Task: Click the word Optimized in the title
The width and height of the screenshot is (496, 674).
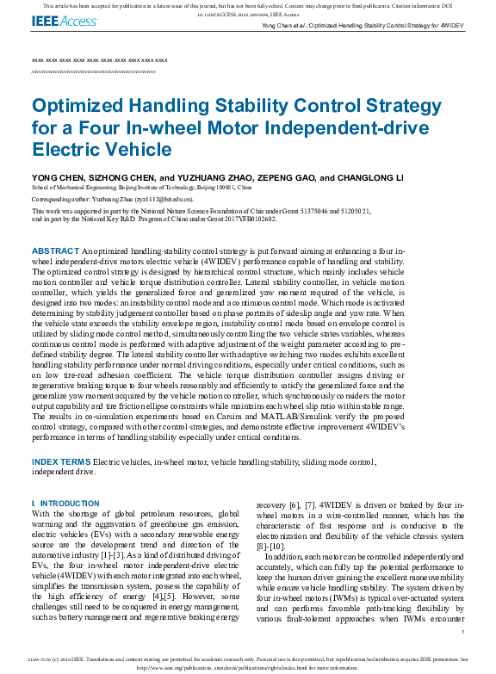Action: point(85,107)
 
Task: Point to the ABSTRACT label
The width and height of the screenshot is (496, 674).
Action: point(55,250)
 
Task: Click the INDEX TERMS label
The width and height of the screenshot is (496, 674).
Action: point(60,463)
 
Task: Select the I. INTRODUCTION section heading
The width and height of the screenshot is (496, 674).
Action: point(65,503)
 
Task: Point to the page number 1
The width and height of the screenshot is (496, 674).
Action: point(463,632)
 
